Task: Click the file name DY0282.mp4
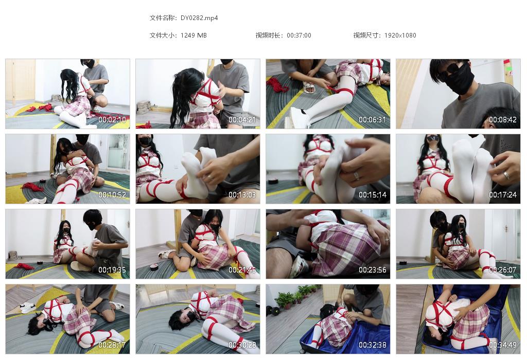(x=199, y=18)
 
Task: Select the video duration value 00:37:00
(x=299, y=35)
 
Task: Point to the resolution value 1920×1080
(x=400, y=35)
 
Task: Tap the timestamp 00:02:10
(x=112, y=120)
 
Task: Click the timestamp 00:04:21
(x=242, y=120)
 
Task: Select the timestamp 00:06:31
(x=373, y=120)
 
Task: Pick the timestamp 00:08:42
(x=503, y=120)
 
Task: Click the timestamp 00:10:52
(x=112, y=195)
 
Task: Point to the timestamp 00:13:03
(x=242, y=195)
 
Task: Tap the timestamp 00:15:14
(x=373, y=195)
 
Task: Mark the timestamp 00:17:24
(x=503, y=195)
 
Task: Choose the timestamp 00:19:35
(x=112, y=270)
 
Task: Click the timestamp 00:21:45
(x=242, y=270)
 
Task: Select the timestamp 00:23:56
(x=373, y=270)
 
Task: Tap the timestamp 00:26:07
(x=503, y=270)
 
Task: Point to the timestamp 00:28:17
(x=112, y=345)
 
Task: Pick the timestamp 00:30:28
(x=242, y=345)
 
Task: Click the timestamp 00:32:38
(x=373, y=345)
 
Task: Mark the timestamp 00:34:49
(x=503, y=345)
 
